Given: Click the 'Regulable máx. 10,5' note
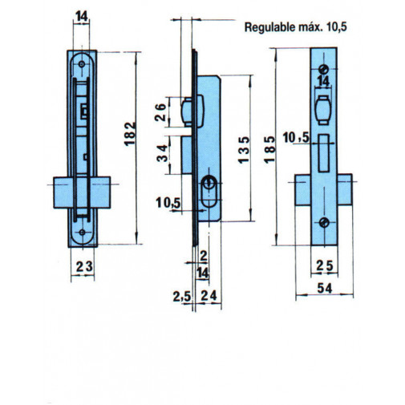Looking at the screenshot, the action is pyautogui.click(x=296, y=27).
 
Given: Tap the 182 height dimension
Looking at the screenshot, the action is pyautogui.click(x=130, y=134).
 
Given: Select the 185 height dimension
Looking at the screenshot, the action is pyautogui.click(x=269, y=149).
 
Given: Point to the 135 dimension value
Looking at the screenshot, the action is pyautogui.click(x=244, y=150).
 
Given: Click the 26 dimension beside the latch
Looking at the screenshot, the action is pyautogui.click(x=160, y=112).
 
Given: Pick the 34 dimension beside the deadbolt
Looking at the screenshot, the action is pyautogui.click(x=162, y=153).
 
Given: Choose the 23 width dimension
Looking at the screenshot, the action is pyautogui.click(x=84, y=266).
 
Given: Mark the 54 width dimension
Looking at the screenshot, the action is pyautogui.click(x=325, y=288).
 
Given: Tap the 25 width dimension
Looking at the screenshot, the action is pyautogui.click(x=325, y=265).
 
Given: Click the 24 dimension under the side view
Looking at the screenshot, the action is pyautogui.click(x=209, y=296).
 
